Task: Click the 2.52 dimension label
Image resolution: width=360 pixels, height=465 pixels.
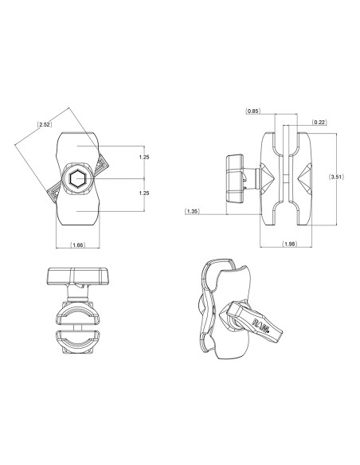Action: pyautogui.click(x=45, y=124)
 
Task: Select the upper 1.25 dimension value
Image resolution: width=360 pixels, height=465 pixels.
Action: pyautogui.click(x=143, y=158)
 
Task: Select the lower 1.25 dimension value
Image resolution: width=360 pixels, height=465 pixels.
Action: pyautogui.click(x=143, y=193)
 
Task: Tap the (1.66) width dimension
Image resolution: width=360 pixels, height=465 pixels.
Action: pyautogui.click(x=77, y=244)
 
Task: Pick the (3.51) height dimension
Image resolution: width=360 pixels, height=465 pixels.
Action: pyautogui.click(x=338, y=178)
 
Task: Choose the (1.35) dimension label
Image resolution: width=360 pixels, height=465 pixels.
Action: pyautogui.click(x=192, y=211)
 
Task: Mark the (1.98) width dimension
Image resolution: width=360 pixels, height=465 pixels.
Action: pyautogui.click(x=291, y=244)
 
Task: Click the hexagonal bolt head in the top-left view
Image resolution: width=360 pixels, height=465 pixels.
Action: pyautogui.click(x=78, y=180)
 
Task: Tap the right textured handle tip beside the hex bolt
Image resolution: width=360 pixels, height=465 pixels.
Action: pyautogui.click(x=101, y=166)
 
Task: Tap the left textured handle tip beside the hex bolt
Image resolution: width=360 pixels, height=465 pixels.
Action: pyautogui.click(x=54, y=192)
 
